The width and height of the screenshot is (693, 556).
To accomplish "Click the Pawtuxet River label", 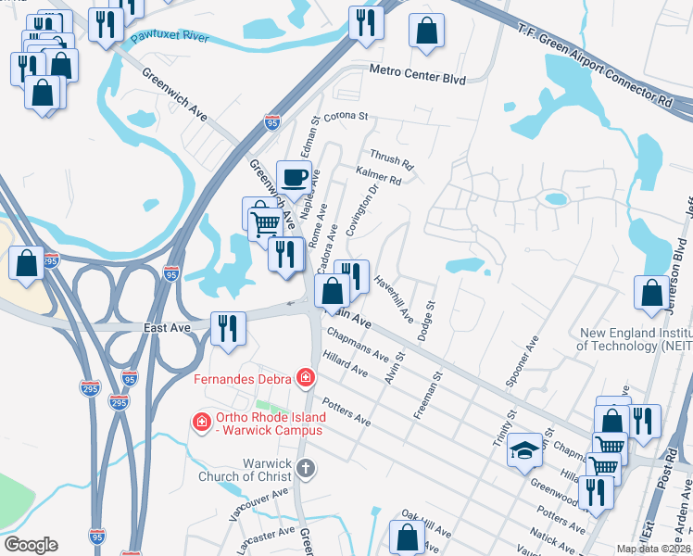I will tap(169, 38).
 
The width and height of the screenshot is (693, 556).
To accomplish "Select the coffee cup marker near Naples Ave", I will tap(294, 177).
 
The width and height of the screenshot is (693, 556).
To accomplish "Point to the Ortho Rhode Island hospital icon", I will tap(200, 422).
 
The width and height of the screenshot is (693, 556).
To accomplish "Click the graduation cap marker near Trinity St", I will tap(524, 449).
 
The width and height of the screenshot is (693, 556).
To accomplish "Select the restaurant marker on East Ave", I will tap(227, 327).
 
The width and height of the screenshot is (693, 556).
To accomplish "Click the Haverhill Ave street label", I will tap(394, 297).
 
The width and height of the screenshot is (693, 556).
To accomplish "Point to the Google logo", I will tap(30, 545).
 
